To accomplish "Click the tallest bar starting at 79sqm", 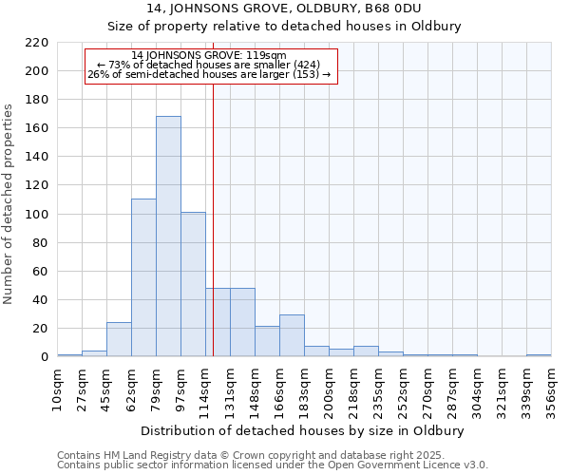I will (168, 237).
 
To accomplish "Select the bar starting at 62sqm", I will (143, 277).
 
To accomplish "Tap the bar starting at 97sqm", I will (193, 284).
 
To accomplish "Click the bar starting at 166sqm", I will (292, 335).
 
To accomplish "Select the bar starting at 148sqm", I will (267, 341).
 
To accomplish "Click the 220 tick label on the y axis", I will (36, 43).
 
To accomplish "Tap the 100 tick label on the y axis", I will (36, 215).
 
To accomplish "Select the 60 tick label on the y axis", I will (40, 272).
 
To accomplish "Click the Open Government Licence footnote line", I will (273, 465).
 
